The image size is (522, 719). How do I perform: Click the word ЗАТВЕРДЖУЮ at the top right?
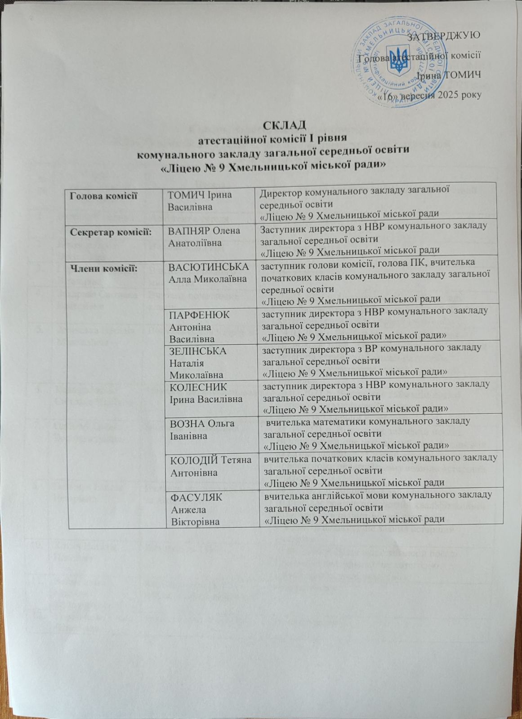443,36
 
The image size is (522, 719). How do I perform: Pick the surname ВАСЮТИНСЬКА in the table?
209,267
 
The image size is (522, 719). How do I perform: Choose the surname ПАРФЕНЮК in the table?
198,315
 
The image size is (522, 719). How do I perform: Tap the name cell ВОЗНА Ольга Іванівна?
200,429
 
